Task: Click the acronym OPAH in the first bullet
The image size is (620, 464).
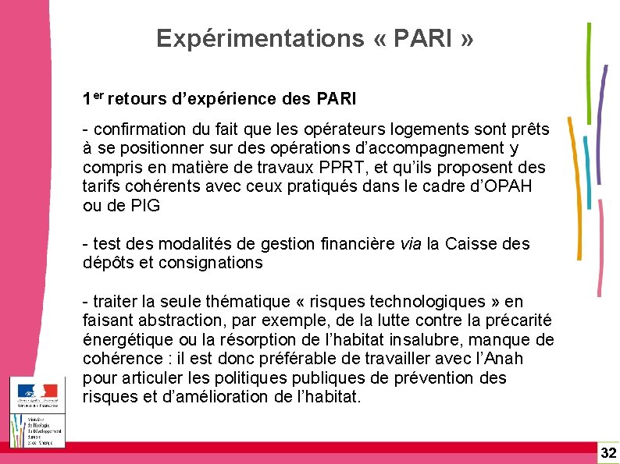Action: coord(512,186)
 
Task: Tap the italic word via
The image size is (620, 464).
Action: coord(410,244)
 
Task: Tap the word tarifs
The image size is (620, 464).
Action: coord(103,186)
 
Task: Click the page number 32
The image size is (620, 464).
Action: coord(608,452)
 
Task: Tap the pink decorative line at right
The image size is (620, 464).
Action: coord(602,250)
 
